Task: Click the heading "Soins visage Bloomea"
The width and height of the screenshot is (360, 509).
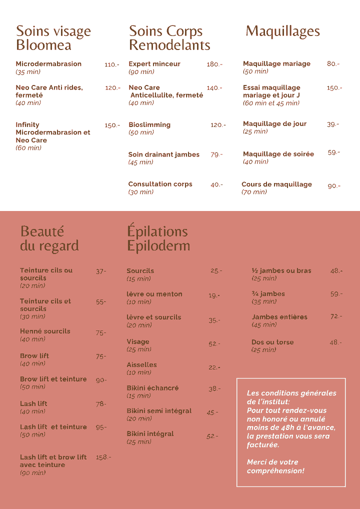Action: pos(53,38)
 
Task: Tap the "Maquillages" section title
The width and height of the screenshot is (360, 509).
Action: pos(282,31)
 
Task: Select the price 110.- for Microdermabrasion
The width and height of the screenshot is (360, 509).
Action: pos(111,64)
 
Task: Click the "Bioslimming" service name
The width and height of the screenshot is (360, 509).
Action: pos(149,124)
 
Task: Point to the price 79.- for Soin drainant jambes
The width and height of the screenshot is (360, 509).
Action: pos(216,154)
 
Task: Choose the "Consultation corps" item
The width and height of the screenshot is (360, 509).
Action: pos(160,184)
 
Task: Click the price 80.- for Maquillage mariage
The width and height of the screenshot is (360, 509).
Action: pos(333,64)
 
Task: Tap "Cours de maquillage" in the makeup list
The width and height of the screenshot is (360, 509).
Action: pos(276,184)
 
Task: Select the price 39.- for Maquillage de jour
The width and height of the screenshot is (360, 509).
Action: pos(332,124)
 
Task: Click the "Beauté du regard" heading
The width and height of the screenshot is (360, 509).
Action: pos(49,238)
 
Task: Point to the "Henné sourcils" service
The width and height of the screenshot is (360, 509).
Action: pos(45,331)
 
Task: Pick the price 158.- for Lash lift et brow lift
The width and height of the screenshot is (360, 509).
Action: pos(103,457)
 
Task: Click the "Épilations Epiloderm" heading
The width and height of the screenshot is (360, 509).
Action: pos(158,238)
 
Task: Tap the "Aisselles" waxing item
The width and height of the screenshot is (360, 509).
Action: pos(141,364)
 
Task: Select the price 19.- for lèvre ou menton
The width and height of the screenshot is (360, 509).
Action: pos(214,295)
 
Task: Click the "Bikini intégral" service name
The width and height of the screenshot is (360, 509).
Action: pos(150,433)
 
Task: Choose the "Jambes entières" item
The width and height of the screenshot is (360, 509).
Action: pos(279,317)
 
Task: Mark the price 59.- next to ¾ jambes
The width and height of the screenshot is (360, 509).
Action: pos(336,294)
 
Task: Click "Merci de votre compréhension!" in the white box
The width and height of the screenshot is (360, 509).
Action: pos(275,466)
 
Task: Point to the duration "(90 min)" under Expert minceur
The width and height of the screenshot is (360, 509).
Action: pos(141,72)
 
